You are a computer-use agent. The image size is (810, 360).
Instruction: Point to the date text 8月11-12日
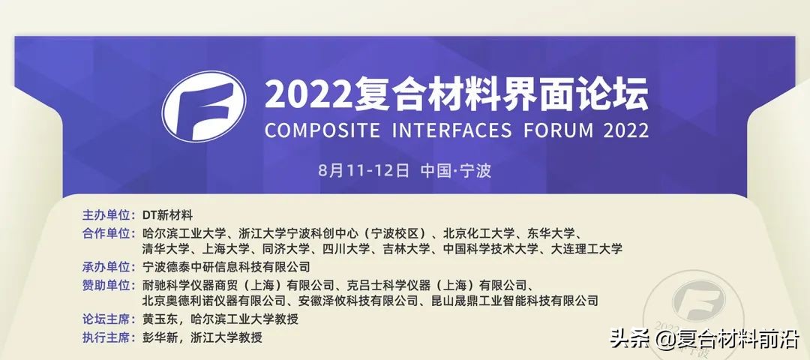[364, 170]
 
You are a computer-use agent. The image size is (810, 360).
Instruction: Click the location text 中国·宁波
[456, 170]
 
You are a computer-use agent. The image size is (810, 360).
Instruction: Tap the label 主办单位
[107, 215]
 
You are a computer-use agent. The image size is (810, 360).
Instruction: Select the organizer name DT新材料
[168, 215]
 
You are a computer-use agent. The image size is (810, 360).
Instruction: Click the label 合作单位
[107, 232]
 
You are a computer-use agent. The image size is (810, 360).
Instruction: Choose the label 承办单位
[107, 266]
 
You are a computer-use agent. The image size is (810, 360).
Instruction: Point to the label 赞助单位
[107, 284]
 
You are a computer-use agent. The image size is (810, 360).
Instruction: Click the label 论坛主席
[107, 319]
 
